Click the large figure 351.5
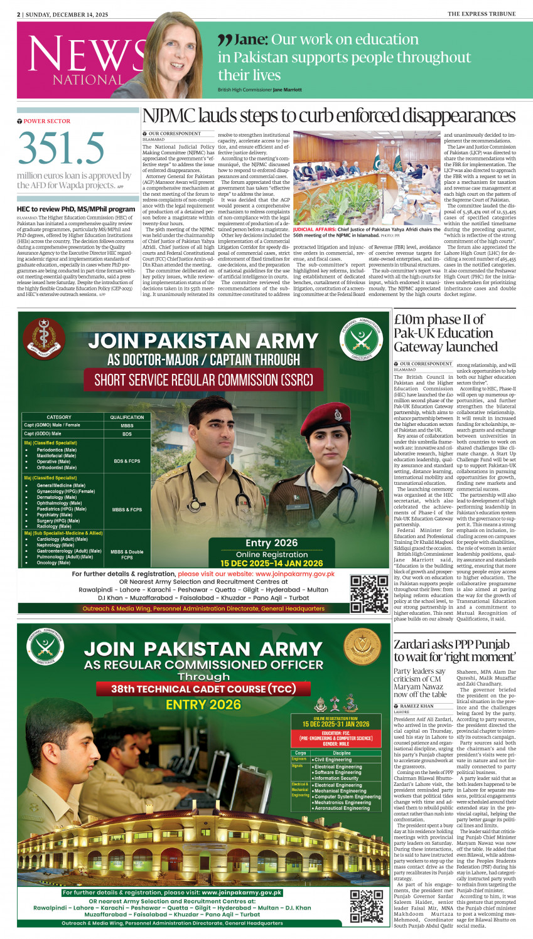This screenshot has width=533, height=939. click(x=61, y=149)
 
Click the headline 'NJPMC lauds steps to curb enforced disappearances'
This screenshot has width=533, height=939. click(x=328, y=116)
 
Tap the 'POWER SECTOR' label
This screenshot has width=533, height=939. click(x=46, y=121)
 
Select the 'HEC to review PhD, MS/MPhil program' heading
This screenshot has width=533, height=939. click(x=76, y=209)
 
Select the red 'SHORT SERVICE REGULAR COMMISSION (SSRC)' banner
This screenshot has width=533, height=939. click(x=203, y=380)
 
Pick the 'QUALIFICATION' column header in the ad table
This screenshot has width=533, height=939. click(x=127, y=417)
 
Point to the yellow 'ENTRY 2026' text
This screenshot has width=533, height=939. click(x=203, y=705)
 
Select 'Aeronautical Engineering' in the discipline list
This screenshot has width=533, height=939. click(x=342, y=808)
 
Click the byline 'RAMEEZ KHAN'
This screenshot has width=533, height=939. click(x=417, y=706)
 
